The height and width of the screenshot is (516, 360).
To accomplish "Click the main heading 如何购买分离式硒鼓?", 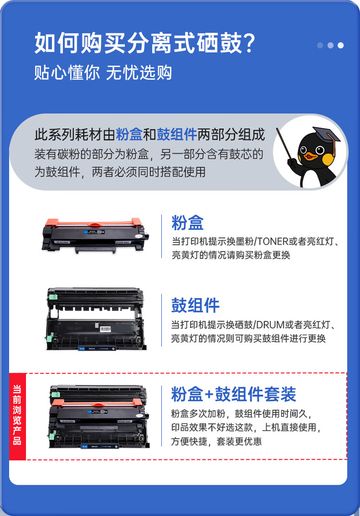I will [x=144, y=44].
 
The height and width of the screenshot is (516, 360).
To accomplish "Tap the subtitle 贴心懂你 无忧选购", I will [x=103, y=72].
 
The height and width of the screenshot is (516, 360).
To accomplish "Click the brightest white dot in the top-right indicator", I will [x=341, y=45].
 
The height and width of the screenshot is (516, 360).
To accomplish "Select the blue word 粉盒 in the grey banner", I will [x=129, y=135].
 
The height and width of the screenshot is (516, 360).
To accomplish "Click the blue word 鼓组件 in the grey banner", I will [x=177, y=135].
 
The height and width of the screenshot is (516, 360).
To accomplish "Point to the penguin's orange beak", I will [x=312, y=156].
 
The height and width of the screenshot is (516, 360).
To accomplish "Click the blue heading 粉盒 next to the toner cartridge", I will [x=188, y=223].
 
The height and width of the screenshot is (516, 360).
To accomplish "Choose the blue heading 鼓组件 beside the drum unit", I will [x=195, y=306].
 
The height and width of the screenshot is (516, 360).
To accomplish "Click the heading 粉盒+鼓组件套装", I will [x=234, y=394].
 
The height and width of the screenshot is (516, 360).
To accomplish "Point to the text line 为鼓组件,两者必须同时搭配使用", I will [x=120, y=171].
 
